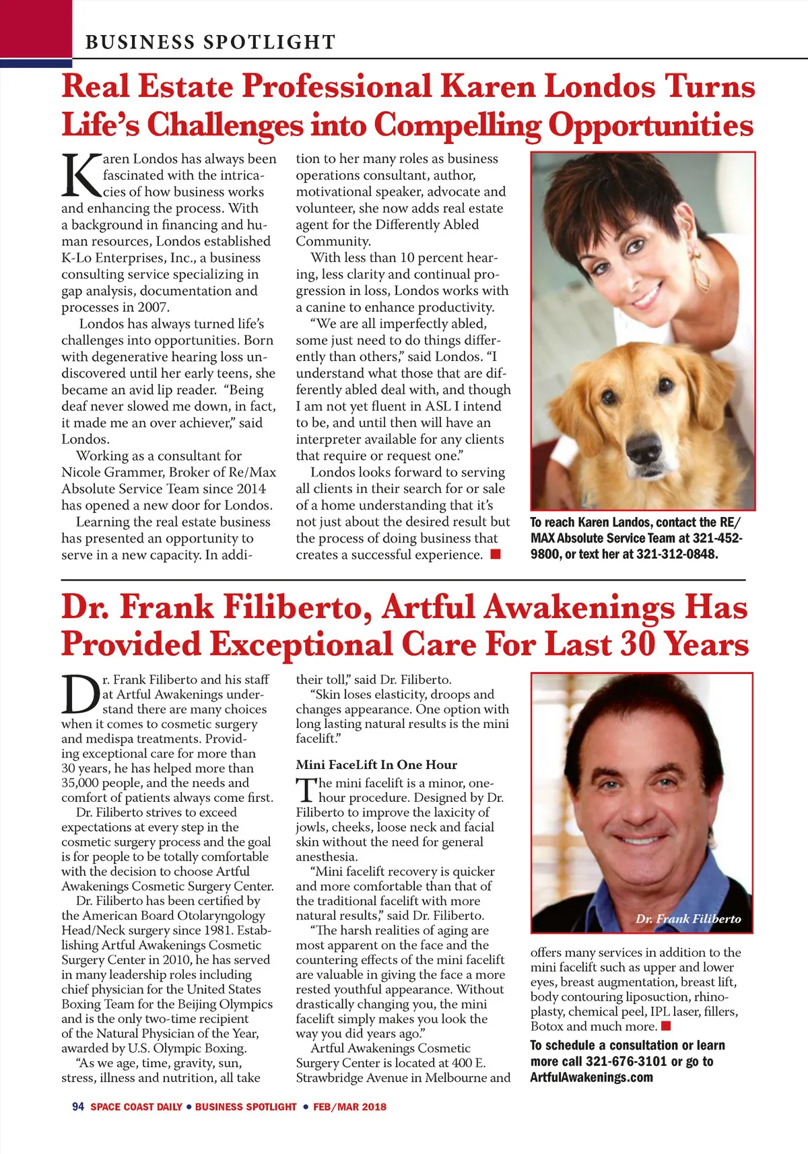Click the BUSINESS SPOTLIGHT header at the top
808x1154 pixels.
tap(210, 42)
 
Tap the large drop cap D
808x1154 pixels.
tap(81, 695)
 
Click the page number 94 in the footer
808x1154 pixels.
tap(78, 1107)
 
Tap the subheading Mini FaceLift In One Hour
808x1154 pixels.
tap(376, 765)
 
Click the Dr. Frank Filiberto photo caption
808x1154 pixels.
tap(688, 919)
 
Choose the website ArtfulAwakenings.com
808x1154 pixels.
tap(591, 1077)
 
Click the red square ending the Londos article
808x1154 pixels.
tap(496, 554)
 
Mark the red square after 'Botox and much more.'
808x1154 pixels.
tap(666, 1026)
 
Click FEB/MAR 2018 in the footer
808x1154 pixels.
tap(349, 1107)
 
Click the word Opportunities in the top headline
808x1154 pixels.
tap(650, 125)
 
